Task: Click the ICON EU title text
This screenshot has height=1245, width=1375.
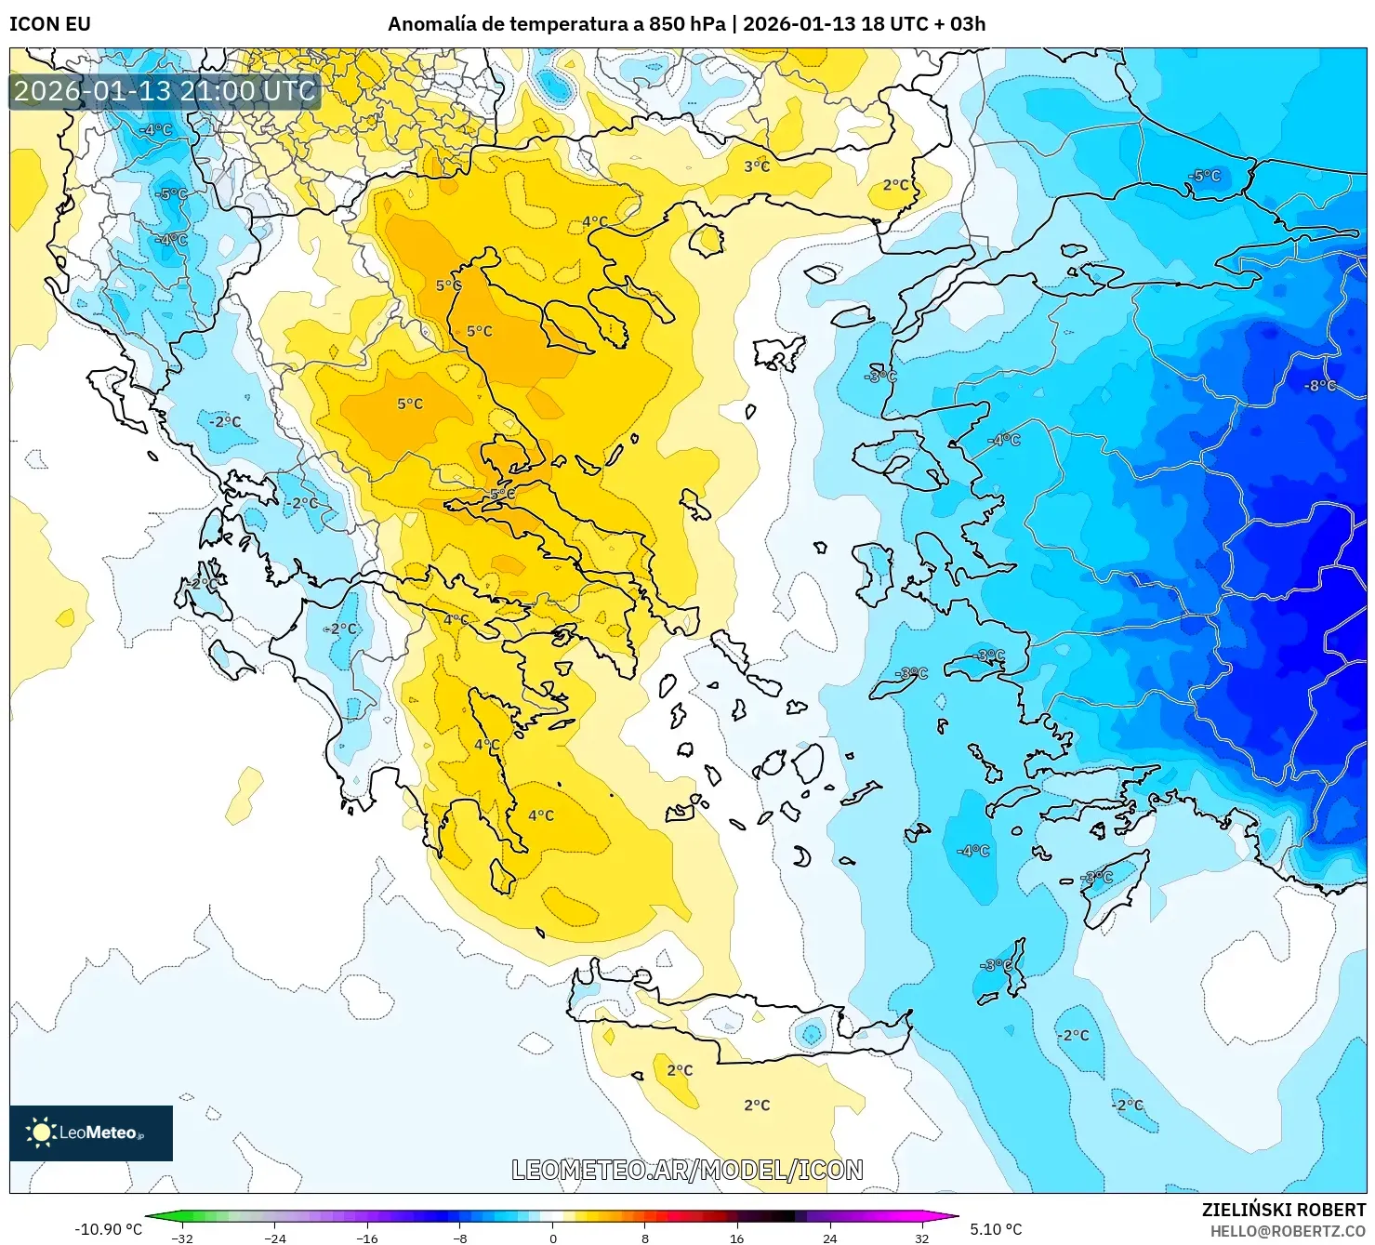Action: click(50, 24)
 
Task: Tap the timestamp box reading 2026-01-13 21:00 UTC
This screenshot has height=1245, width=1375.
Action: click(165, 91)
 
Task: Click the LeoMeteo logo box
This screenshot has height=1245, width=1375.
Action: click(91, 1132)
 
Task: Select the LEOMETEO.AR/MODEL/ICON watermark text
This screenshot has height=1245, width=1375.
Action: click(687, 1170)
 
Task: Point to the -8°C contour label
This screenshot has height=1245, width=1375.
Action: click(1320, 385)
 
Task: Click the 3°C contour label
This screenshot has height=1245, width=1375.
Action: click(757, 166)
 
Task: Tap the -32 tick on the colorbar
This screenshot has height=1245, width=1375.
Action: click(182, 1238)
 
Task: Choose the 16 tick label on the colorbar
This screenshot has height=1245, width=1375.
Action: click(736, 1238)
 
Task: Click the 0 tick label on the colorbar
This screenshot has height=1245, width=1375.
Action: click(553, 1238)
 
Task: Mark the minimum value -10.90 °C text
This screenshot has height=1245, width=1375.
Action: click(108, 1229)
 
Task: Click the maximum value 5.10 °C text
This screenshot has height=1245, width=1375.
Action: click(996, 1229)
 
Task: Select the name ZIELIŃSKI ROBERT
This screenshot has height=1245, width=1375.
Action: click(1284, 1210)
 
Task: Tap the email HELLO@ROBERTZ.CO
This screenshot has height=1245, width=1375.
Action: click(1288, 1231)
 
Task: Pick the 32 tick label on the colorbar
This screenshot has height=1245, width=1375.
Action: click(921, 1238)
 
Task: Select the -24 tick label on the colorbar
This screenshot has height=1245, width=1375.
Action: click(274, 1238)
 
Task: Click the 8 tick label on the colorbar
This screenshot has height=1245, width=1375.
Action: click(645, 1238)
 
